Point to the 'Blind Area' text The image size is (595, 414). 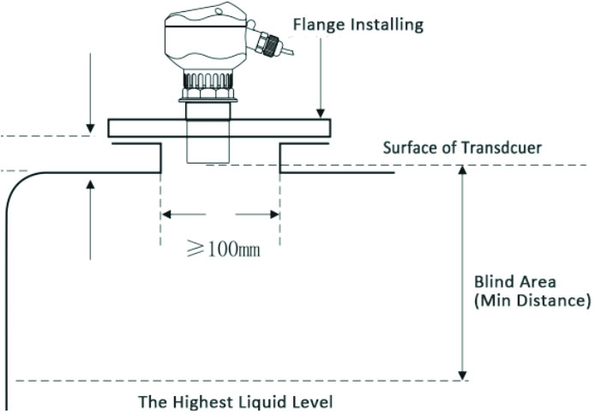tap(516, 281)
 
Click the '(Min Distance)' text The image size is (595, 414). tap(532, 301)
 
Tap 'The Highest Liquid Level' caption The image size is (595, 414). tap(235, 401)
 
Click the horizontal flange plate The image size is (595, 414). tap(219, 128)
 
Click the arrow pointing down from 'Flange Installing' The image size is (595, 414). tap(319, 110)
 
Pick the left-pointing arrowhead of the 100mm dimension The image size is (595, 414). tap(168, 213)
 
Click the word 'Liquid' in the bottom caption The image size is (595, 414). tap(242, 401)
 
